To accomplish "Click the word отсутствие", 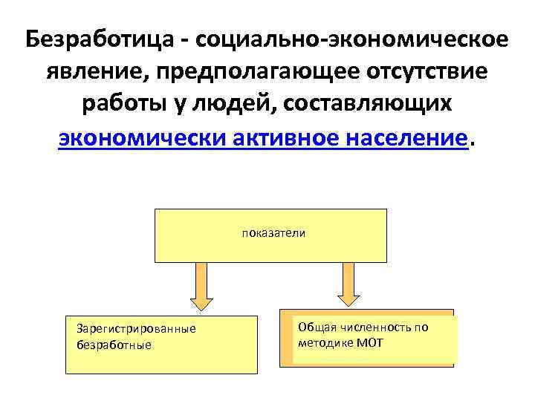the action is pos(424,71).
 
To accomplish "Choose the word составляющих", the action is pos(377,104).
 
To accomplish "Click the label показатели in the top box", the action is pos(273,232).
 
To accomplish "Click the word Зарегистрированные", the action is pos(131,329).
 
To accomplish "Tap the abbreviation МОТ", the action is pos(369,343).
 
